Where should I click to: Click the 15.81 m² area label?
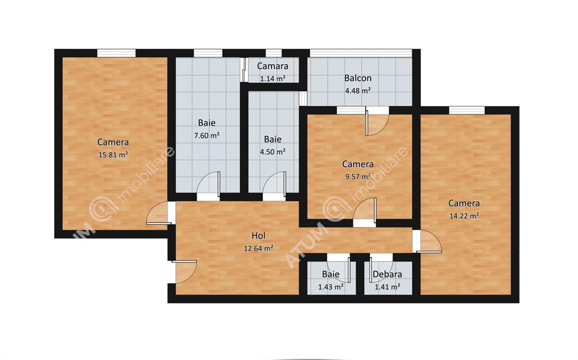113,155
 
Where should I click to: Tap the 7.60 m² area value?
207,136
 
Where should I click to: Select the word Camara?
272,66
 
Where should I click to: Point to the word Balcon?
358,78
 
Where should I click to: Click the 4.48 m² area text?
358,91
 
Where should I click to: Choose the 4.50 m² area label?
273,152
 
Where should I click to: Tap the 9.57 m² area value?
358,177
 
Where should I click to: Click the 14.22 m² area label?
464,216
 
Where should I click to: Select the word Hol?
259,236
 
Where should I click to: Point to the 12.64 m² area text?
259,248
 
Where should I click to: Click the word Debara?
387,274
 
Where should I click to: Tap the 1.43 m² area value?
331,287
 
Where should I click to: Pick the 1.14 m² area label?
273,79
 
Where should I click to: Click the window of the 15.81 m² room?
117,53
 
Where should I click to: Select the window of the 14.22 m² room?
467,110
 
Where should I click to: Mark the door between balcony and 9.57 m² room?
377,122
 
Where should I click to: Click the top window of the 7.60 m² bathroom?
208,53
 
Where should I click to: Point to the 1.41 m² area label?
387,287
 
